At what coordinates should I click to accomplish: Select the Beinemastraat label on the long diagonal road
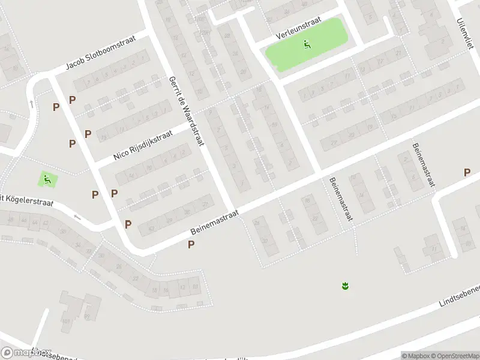pos(215,222)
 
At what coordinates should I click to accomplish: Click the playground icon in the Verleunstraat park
pos(307,43)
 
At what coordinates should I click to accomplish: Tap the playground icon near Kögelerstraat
pos(47,178)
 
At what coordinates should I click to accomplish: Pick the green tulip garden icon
pos(345,286)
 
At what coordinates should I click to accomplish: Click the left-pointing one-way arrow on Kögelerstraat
pos(77,217)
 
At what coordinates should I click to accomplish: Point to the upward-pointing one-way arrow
pos(31,104)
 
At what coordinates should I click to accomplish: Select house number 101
pos(66,322)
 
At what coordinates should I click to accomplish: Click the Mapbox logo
pos(26,353)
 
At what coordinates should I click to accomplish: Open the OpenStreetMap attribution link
pos(452,355)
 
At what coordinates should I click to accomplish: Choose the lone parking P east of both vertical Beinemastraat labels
pos(467,173)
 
